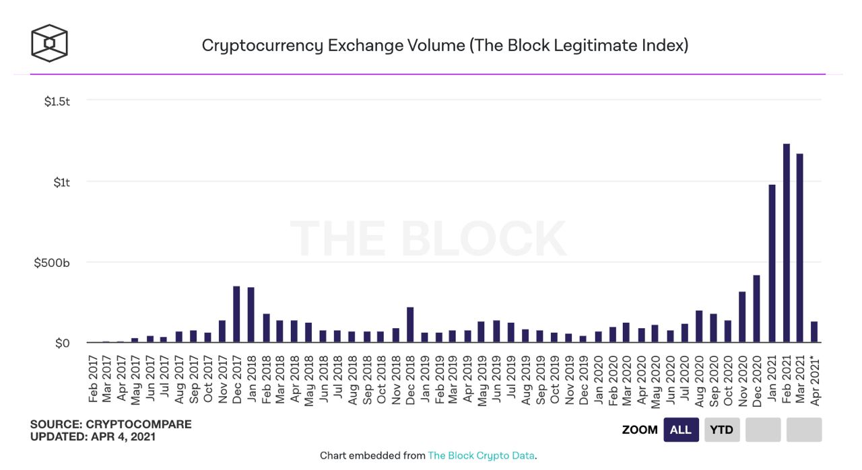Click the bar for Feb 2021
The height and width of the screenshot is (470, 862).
[x=786, y=243]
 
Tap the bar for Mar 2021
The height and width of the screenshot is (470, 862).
[x=800, y=248]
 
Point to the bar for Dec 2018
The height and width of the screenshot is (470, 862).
[x=410, y=325]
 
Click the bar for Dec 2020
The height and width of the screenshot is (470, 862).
[x=757, y=309]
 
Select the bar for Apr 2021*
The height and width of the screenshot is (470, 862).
[x=814, y=332]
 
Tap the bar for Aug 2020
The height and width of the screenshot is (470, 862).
[x=699, y=327]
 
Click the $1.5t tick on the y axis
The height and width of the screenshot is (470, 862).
[x=57, y=102]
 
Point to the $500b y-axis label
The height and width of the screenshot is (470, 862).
[x=52, y=263]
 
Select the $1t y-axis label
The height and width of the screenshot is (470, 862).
[x=61, y=182]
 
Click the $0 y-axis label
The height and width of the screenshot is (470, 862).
[x=62, y=344]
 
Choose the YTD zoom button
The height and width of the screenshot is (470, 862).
[x=721, y=430]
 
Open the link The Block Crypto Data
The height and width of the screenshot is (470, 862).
[x=481, y=456]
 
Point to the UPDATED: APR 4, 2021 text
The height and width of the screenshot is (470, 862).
[x=93, y=436]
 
